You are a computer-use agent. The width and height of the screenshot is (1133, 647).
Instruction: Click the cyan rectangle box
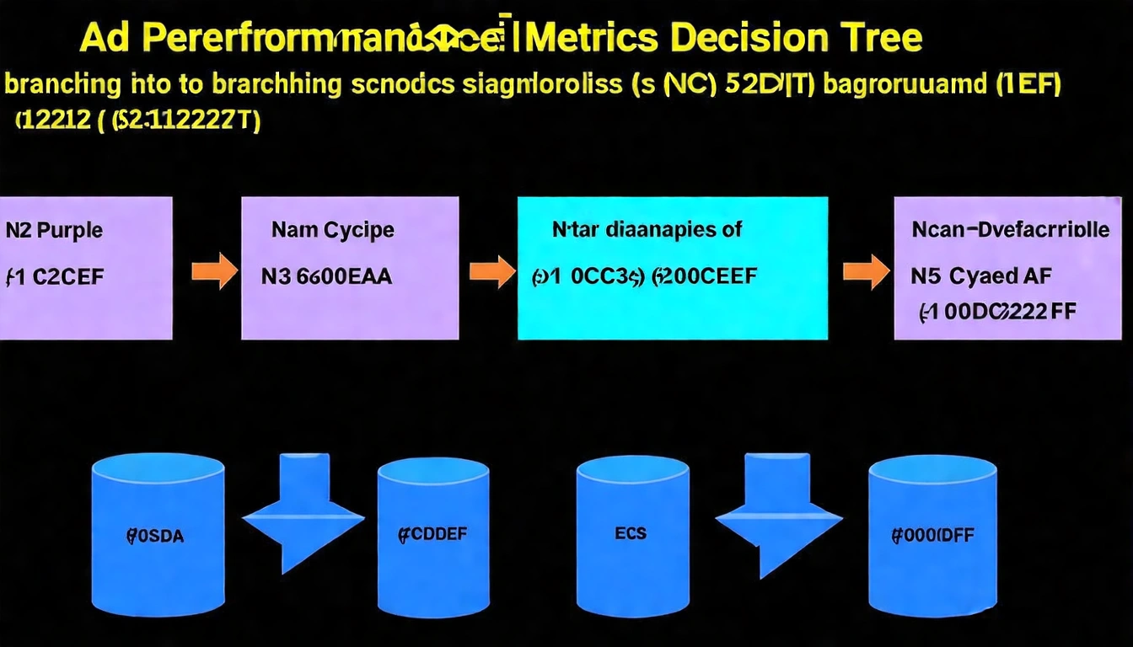click(x=672, y=268)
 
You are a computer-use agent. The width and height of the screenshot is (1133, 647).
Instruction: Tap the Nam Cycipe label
click(x=333, y=229)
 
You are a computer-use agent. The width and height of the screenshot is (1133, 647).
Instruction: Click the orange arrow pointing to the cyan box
click(x=491, y=271)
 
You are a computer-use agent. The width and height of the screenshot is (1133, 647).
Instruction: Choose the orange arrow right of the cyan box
click(x=866, y=271)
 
